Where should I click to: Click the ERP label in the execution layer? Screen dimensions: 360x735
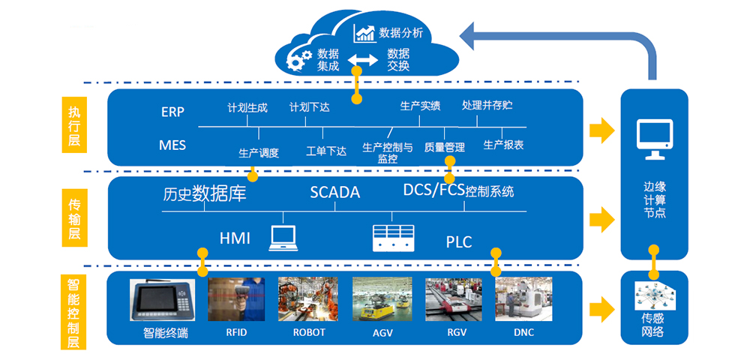(x=172, y=112)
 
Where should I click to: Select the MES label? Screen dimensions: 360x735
(x=172, y=144)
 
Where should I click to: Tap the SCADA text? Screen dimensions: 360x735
(x=335, y=193)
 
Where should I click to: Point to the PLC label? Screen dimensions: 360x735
(x=459, y=241)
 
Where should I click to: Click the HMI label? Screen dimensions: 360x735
(x=235, y=238)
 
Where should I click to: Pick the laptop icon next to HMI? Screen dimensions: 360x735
(x=283, y=236)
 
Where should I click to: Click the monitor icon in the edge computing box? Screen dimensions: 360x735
(x=654, y=140)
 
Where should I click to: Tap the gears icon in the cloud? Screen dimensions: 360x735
(x=300, y=58)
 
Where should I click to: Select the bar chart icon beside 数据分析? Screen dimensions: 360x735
(x=365, y=33)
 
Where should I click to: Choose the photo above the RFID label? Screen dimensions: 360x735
(x=236, y=300)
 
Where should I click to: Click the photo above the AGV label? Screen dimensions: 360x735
(x=382, y=300)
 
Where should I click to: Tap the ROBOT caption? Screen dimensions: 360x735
(x=309, y=332)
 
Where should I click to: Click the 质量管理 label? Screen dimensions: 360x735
(x=445, y=147)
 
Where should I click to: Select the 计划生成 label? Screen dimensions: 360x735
(x=247, y=107)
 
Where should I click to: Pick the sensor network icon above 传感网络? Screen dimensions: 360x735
(x=654, y=298)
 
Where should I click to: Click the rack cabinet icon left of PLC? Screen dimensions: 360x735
(x=393, y=237)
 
